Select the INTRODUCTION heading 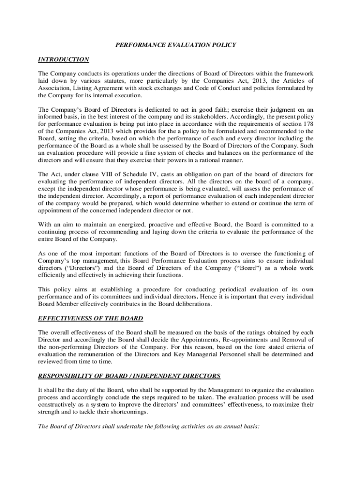coord(63,59)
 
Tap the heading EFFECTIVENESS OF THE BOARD coord(90,319)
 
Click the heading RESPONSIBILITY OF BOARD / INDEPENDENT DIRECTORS coord(129,376)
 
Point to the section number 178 coord(309,124)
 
